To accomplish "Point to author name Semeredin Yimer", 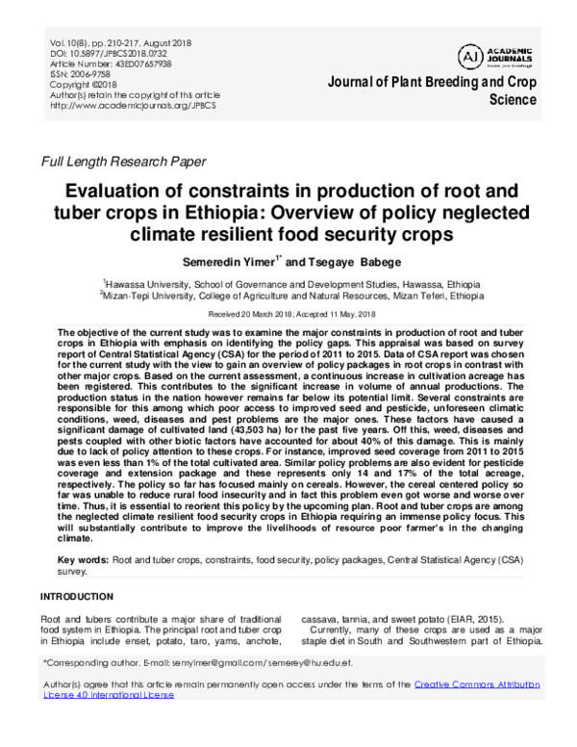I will [234, 261].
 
